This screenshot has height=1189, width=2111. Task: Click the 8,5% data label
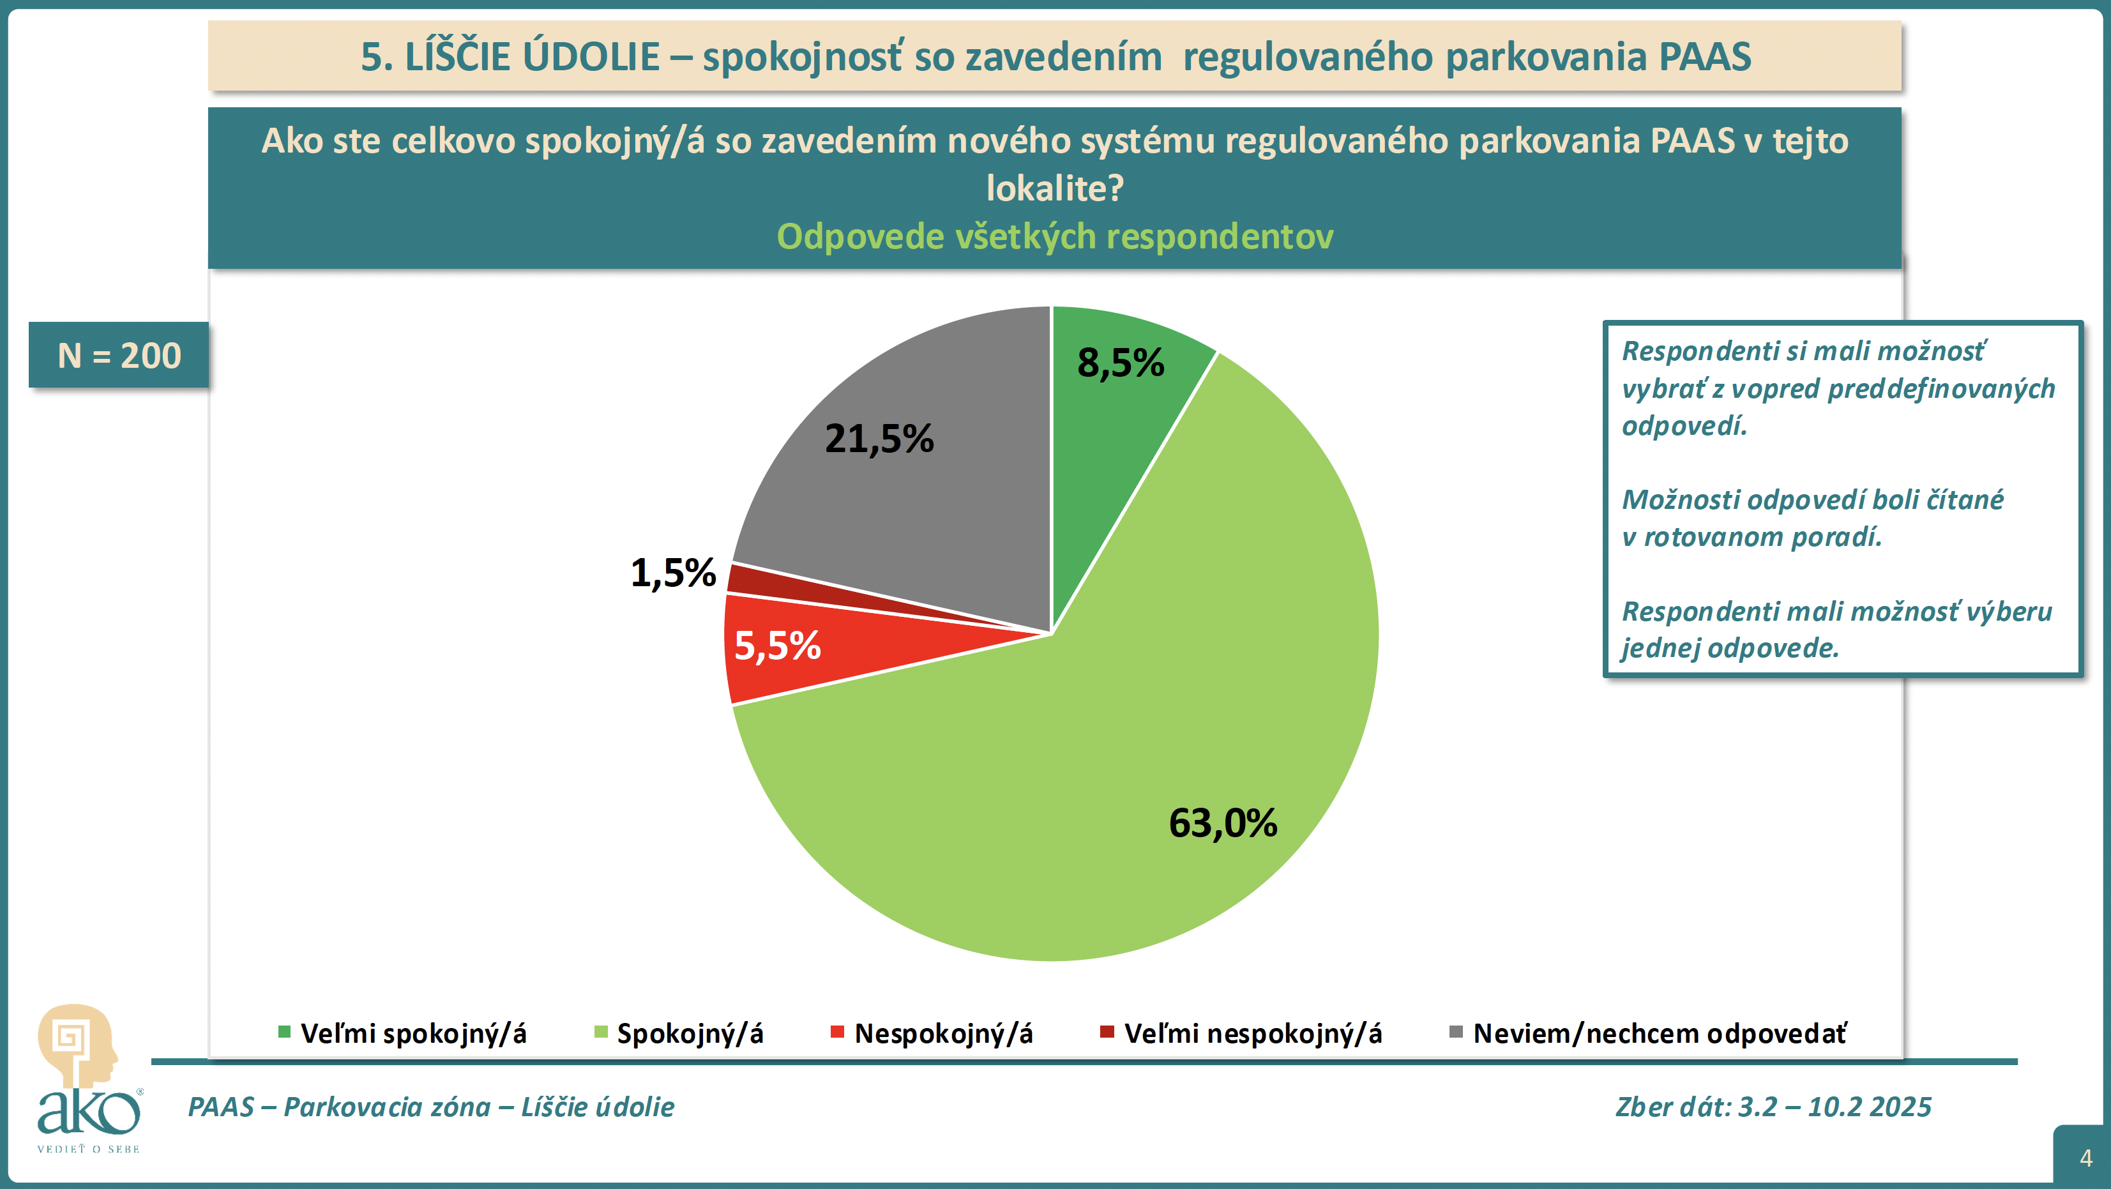(x=1120, y=363)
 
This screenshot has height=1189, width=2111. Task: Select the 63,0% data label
(x=1223, y=824)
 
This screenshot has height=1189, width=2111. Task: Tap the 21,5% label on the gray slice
(x=879, y=439)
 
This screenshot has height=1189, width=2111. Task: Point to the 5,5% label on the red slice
(x=777, y=646)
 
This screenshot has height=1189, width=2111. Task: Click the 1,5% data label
(x=673, y=573)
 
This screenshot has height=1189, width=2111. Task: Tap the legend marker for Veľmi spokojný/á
(x=284, y=1032)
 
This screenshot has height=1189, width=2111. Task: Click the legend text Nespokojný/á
(x=943, y=1033)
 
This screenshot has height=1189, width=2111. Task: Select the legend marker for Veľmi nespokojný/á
(x=1107, y=1032)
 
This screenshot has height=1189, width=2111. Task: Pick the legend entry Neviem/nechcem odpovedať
(x=1660, y=1033)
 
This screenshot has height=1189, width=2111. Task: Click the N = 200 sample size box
(x=119, y=355)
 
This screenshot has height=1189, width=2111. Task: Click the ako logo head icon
(x=75, y=1045)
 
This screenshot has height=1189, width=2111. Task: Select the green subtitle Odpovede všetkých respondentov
(x=1055, y=237)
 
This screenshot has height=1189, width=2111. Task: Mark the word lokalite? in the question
(x=1055, y=188)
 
